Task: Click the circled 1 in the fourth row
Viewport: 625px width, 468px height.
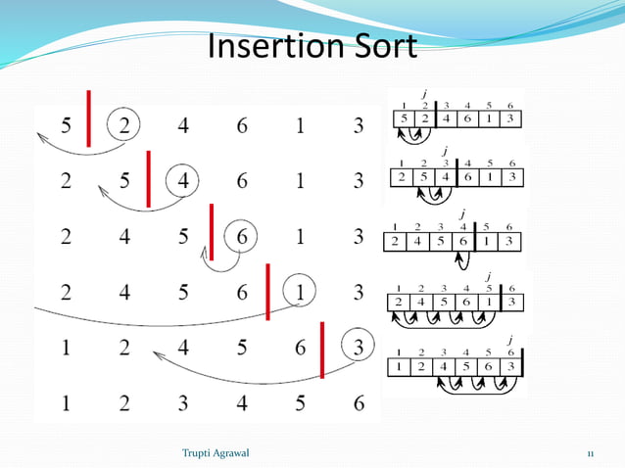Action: [301, 291]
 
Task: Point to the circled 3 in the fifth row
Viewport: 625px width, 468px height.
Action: [359, 347]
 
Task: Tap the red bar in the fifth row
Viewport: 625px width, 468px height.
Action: [322, 350]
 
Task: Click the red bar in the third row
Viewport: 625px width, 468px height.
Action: [210, 233]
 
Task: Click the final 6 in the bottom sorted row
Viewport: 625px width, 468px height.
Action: [359, 401]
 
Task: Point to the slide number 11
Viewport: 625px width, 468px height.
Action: [591, 452]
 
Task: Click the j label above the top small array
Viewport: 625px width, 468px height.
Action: [424, 94]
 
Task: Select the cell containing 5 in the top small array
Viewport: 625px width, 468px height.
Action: [403, 119]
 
